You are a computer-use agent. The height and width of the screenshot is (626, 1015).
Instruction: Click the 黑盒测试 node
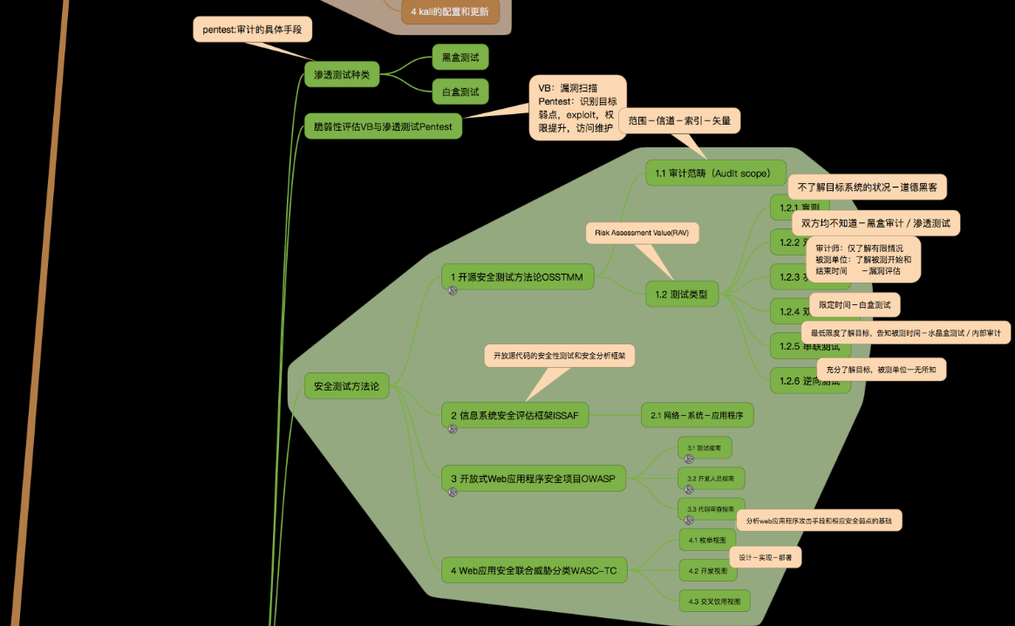460,58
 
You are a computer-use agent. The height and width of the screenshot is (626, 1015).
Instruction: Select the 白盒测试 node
460,92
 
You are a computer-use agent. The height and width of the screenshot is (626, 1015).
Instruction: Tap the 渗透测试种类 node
342,75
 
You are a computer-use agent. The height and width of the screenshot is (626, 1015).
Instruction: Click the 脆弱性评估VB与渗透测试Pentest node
383,126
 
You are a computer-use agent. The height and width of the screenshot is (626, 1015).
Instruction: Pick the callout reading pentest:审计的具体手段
252,30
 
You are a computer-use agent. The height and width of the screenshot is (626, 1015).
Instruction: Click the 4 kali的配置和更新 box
450,12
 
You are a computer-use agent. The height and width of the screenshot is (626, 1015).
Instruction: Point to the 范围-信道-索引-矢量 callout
679,121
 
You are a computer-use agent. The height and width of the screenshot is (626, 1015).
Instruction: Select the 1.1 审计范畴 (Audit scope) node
716,173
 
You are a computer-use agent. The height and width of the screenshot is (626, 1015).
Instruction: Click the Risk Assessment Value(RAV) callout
642,233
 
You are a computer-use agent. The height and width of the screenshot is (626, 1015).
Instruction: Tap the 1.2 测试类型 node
681,295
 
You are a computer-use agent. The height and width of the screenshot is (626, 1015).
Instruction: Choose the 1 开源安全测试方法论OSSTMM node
518,277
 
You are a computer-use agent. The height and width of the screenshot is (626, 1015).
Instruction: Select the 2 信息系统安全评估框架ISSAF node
514,415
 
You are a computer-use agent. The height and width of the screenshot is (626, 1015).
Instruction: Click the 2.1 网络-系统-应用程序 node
697,415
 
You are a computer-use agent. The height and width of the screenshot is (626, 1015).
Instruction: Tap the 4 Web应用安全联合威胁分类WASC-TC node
534,571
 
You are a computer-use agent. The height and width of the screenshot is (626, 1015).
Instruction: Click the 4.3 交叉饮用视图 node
714,601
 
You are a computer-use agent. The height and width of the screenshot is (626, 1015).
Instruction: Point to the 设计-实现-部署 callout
765,557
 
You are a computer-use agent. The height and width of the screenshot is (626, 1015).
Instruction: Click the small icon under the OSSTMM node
453,291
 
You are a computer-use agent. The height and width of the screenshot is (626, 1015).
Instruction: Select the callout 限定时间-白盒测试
855,304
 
